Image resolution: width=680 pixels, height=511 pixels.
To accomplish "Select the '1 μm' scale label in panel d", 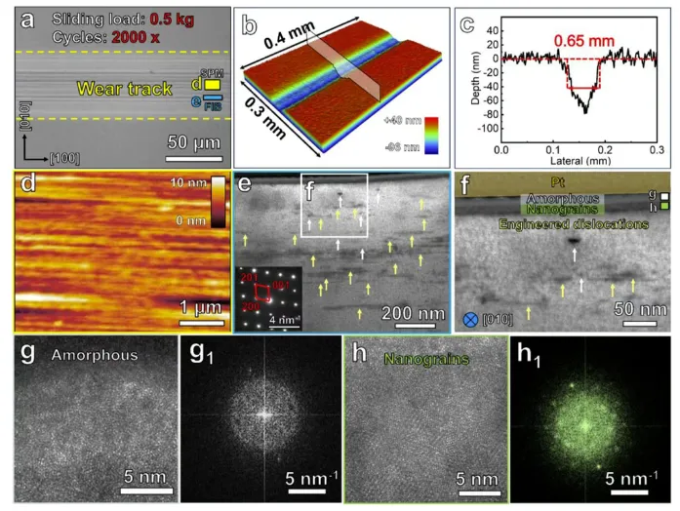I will pos(202,307).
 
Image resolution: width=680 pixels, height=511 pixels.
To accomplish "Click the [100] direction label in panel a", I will pos(60,156).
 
